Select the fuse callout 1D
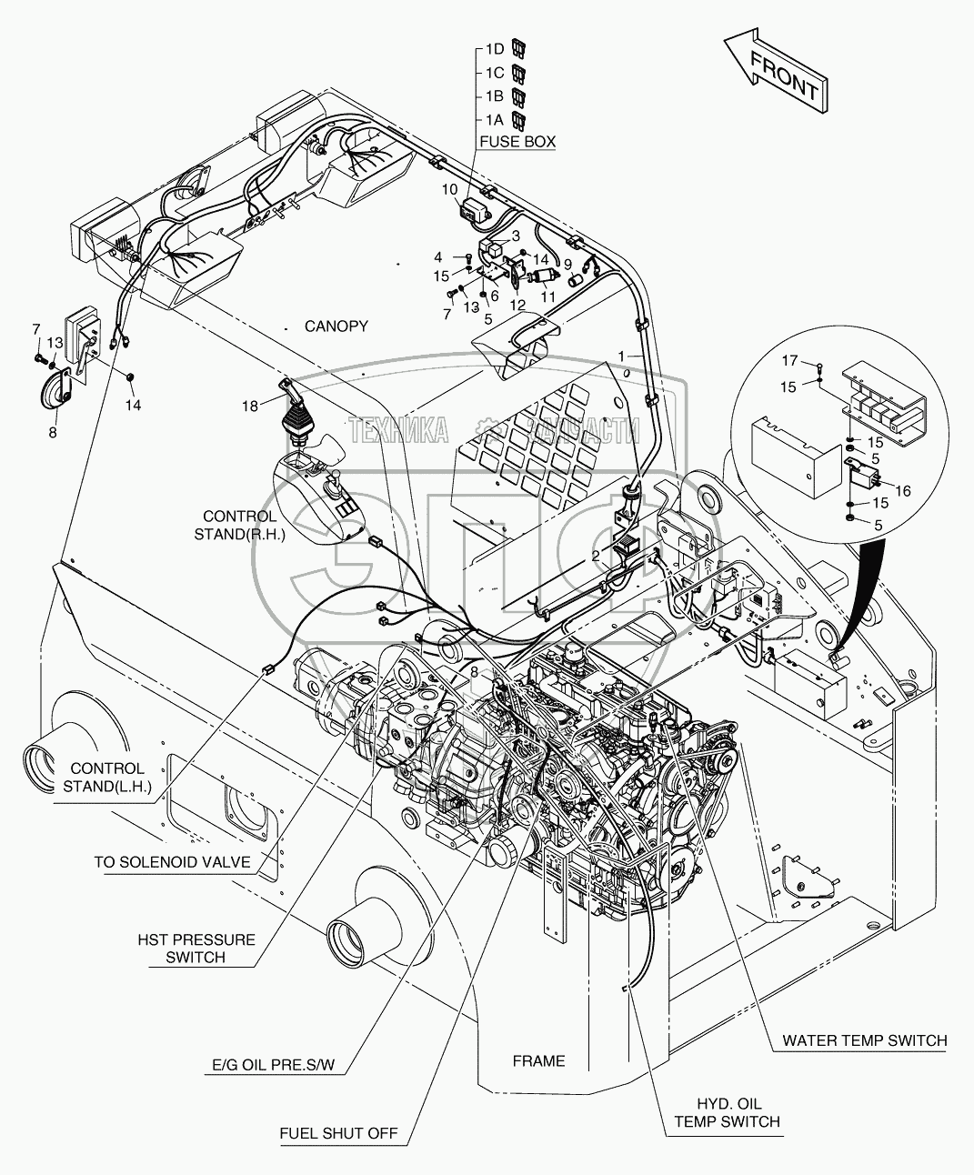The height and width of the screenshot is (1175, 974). (x=494, y=48)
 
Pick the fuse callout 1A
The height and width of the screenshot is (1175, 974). (x=494, y=119)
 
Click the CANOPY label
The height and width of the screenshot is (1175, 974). (x=336, y=326)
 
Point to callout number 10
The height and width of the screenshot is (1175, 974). (x=450, y=189)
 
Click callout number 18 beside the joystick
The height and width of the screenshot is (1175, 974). (x=249, y=405)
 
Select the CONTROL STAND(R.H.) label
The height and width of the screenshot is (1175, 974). (x=239, y=525)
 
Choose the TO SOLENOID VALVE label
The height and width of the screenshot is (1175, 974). (x=172, y=862)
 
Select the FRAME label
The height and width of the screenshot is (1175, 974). (x=538, y=1060)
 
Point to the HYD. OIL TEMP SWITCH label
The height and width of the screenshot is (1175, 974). (x=727, y=1112)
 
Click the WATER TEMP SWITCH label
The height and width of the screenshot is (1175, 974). (x=864, y=1040)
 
